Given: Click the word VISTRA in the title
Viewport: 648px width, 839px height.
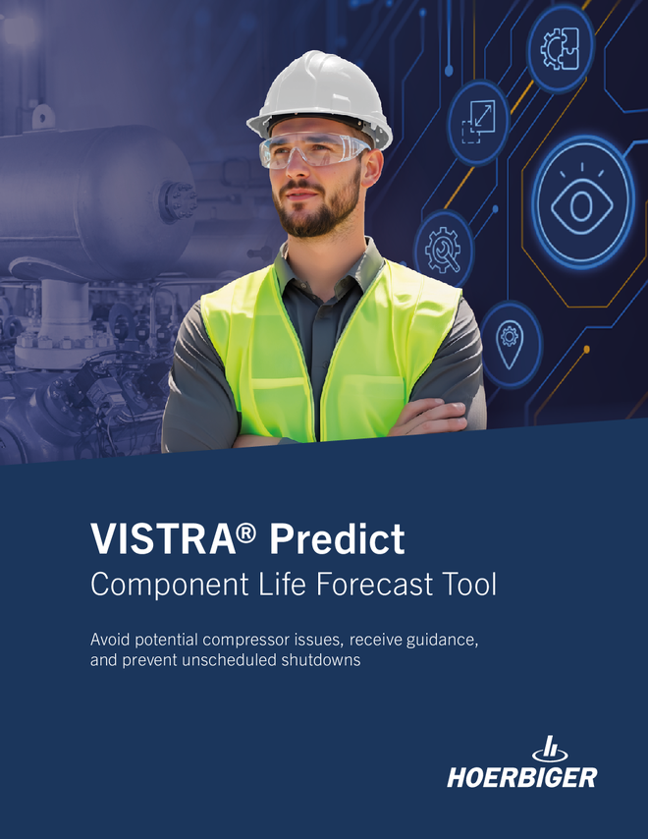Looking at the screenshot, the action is (x=163, y=538).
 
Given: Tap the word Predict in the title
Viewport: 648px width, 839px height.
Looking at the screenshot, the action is (x=337, y=538).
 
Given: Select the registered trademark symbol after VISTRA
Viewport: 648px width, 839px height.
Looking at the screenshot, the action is (x=245, y=532).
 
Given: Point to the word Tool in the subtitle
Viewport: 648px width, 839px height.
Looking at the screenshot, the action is (x=469, y=584).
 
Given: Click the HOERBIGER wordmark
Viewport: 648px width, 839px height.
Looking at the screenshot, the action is (x=521, y=777).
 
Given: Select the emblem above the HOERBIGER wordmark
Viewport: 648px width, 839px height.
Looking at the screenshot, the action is (x=550, y=749).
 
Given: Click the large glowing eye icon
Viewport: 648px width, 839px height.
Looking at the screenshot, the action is (x=582, y=203).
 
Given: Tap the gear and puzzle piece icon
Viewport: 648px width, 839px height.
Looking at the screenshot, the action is (x=561, y=49).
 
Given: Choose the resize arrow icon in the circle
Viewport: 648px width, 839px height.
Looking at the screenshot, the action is (x=478, y=123).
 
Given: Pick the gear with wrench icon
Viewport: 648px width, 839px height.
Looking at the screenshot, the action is (x=443, y=249).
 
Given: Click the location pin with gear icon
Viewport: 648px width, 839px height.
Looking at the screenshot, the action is (x=510, y=344).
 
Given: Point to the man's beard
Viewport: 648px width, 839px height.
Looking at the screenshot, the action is (x=319, y=208).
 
